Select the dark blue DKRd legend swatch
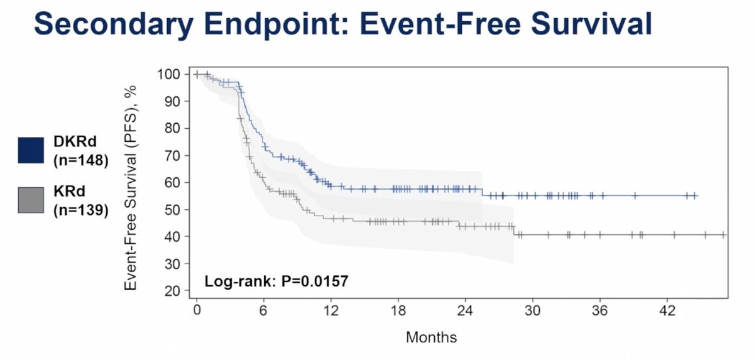pyautogui.click(x=31, y=150)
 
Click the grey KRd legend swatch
pyautogui.click(x=31, y=200)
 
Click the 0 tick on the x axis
pyautogui.click(x=197, y=310)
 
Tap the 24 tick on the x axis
pyautogui.click(x=466, y=310)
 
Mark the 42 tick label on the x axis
pyautogui.click(x=667, y=310)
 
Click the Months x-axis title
pyautogui.click(x=431, y=337)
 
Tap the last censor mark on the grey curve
pyautogui.click(x=723, y=234)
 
